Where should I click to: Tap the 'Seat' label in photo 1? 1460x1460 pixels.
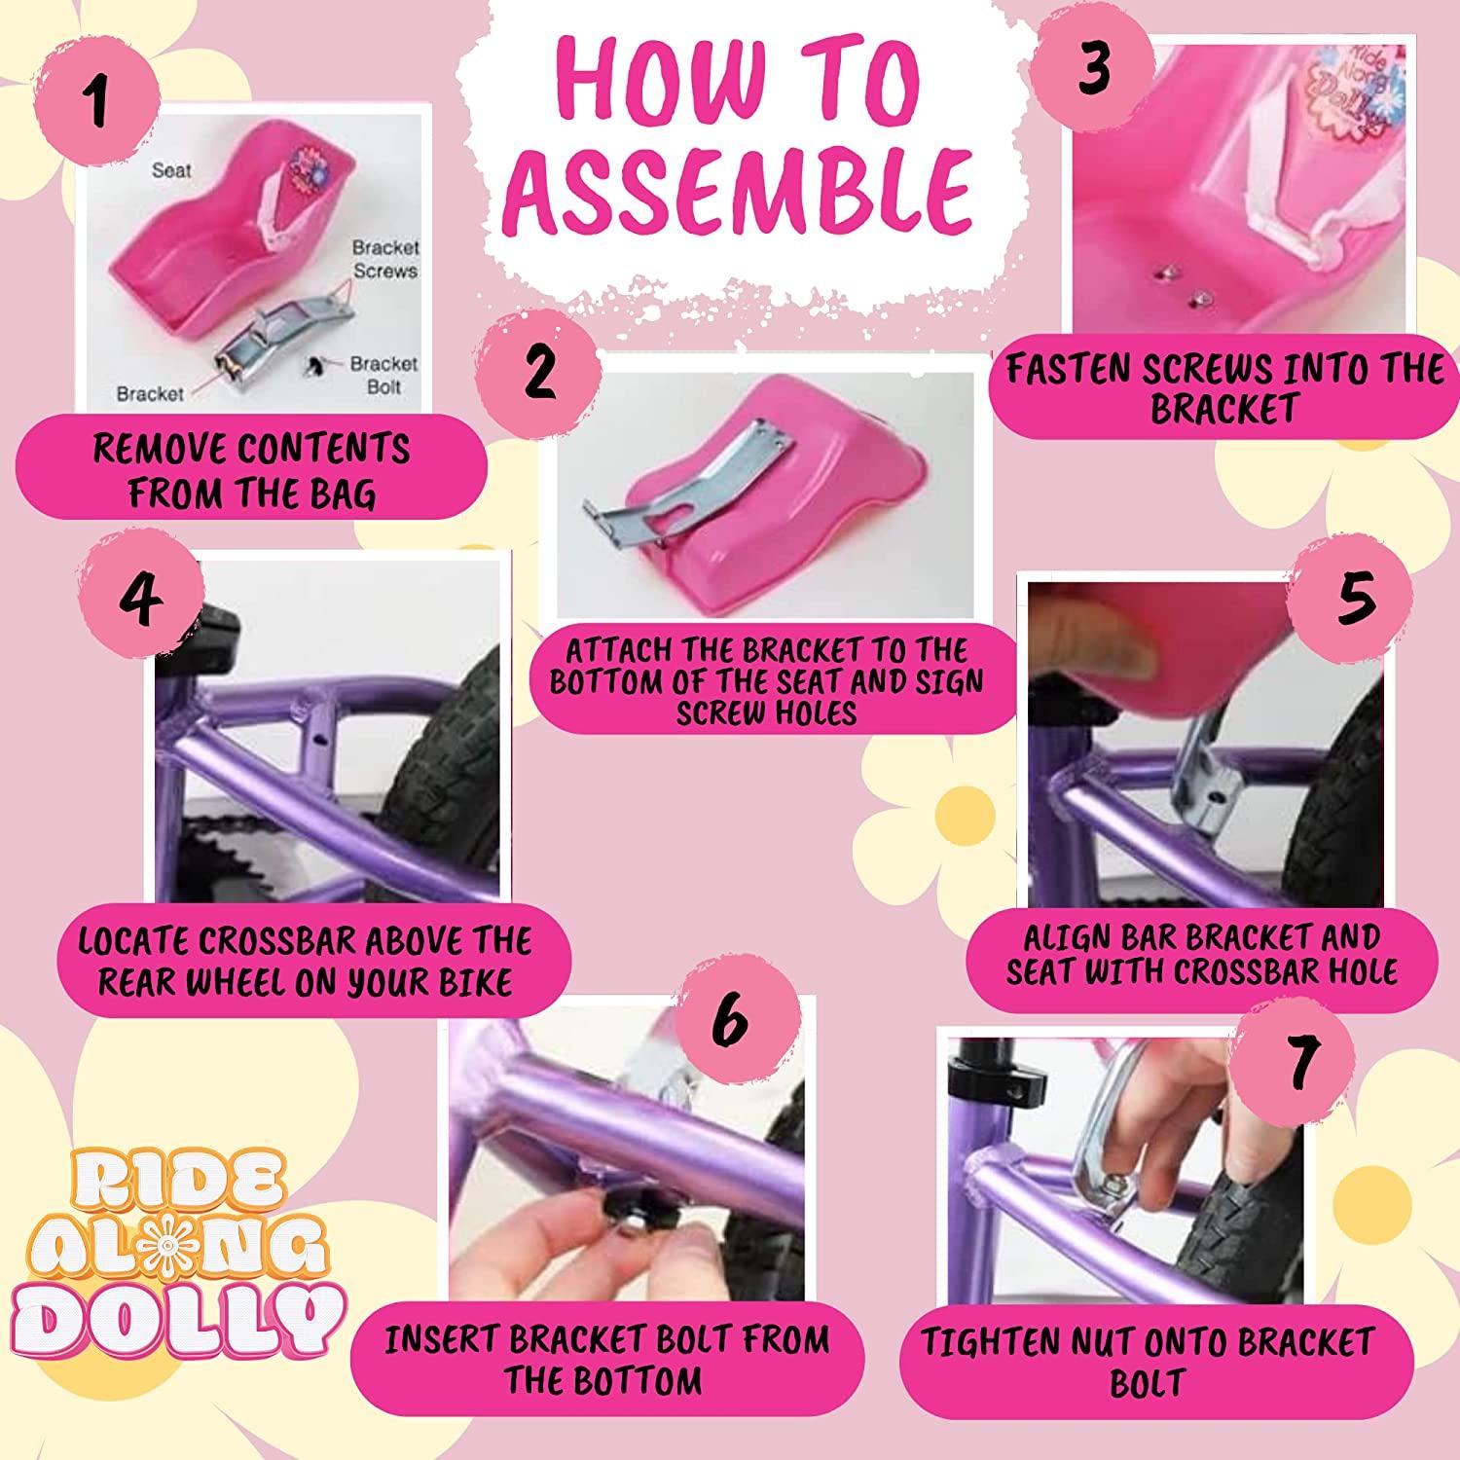(x=171, y=170)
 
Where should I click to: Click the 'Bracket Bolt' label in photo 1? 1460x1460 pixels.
(x=383, y=375)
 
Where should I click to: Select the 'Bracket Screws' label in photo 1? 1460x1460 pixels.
(x=384, y=259)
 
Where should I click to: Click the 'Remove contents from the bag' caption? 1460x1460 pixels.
(x=252, y=471)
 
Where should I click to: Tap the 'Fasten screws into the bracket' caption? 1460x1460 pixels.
(x=1224, y=388)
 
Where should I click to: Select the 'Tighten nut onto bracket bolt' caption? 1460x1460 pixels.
(x=1149, y=1361)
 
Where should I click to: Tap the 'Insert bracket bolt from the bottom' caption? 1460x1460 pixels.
(x=605, y=1359)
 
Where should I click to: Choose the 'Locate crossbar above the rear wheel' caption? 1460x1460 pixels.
(x=305, y=962)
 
